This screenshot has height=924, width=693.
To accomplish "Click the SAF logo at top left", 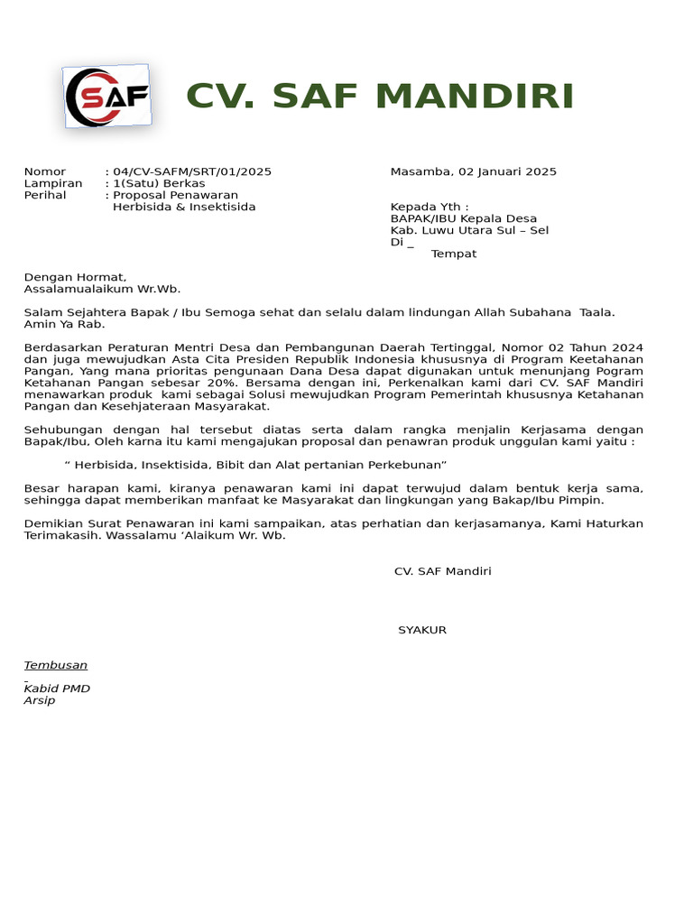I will (x=107, y=97).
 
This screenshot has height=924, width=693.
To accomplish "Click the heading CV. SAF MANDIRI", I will (x=380, y=96).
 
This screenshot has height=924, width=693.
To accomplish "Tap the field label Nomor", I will (x=45, y=171).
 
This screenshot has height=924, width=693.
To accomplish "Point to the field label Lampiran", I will (x=53, y=183).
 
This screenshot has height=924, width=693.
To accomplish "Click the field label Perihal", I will (x=45, y=195).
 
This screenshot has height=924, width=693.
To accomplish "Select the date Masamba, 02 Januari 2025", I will (x=473, y=171).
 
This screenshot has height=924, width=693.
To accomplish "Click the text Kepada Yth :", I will (x=430, y=207).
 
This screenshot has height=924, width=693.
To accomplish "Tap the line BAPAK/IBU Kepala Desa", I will (x=463, y=218).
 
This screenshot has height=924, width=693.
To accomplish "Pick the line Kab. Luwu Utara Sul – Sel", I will (x=469, y=230).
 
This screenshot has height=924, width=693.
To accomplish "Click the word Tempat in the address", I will (x=454, y=254).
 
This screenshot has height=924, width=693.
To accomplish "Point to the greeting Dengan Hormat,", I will (x=76, y=277).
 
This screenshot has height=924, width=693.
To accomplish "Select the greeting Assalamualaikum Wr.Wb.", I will (x=102, y=289).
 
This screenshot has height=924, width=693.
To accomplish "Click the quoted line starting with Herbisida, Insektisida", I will (x=256, y=464).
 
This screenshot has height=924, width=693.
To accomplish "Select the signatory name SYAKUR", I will (x=422, y=630).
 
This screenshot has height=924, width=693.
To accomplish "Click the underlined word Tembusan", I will (x=56, y=665).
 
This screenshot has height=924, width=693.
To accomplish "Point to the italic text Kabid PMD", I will (x=57, y=688).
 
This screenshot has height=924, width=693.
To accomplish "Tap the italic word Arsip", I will (x=40, y=700).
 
